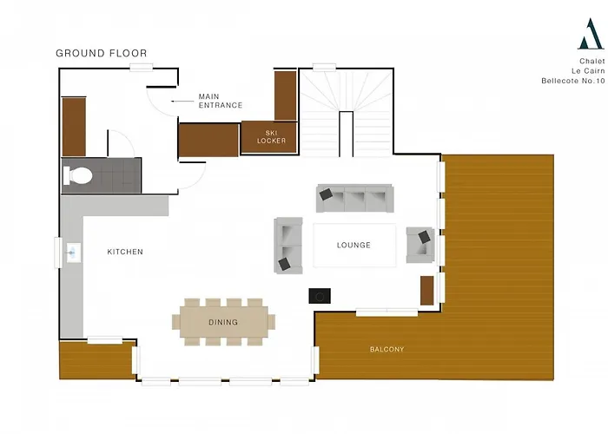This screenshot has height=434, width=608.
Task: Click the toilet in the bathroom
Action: tap(77, 175)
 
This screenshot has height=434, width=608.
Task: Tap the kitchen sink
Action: tap(73, 253)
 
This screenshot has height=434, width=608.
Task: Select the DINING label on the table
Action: tap(223, 322)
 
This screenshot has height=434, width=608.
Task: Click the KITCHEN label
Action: tap(125, 252)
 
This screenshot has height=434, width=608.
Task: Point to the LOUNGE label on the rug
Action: tap(354, 245)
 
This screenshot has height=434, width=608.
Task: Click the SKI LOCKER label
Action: tap(271, 137)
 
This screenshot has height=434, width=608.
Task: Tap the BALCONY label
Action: tap(387, 349)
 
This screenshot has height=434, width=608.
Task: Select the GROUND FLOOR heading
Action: tap(102, 53)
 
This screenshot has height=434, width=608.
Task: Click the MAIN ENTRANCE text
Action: tap(221, 101)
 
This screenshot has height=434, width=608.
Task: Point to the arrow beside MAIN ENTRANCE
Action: tap(182, 102)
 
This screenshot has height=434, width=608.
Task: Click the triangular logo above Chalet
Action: tap(591, 34)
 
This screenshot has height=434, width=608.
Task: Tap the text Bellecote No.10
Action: tap(573, 81)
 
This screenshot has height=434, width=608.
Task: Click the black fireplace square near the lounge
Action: tap(320, 296)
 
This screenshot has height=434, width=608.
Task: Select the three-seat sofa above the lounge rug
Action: tap(354, 199)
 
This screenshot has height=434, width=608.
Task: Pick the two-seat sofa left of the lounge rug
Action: tap(288, 246)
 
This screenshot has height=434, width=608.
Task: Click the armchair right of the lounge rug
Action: tap(420, 245)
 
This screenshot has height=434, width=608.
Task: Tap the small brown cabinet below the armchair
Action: tap(427, 291)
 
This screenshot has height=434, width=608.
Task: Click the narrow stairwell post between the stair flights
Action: tap(347, 134)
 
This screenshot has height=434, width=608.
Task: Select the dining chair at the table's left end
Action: tap(176, 322)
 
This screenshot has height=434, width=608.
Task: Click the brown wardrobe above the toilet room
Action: tap(74, 127)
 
